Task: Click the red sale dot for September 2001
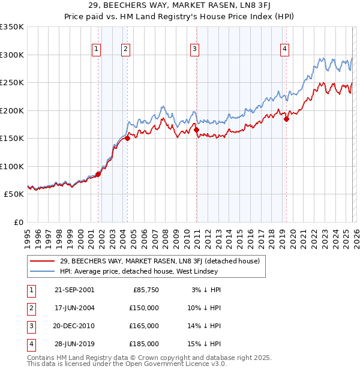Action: (x=98, y=174)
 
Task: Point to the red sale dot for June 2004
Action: (x=127, y=138)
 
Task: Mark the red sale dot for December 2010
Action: (x=196, y=130)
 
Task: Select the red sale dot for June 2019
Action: (x=286, y=119)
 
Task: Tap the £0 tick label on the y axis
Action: (x=19, y=222)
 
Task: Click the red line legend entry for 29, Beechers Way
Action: (x=159, y=261)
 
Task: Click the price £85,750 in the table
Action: (x=146, y=290)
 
